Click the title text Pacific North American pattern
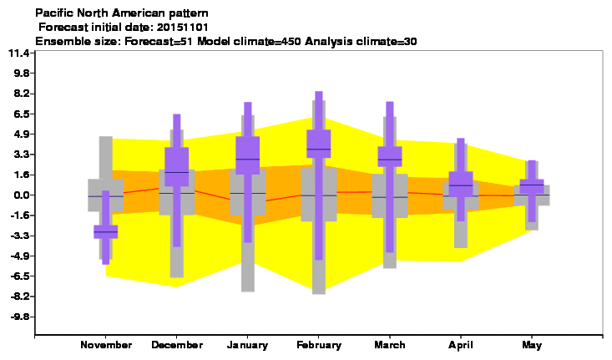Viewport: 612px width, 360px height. (x=122, y=13)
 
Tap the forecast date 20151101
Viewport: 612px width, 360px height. (x=182, y=28)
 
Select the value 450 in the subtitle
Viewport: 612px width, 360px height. (x=291, y=42)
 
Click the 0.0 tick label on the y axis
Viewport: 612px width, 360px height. (x=22, y=195)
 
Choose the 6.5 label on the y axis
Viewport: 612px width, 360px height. (x=22, y=114)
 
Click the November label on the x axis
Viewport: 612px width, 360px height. (x=106, y=345)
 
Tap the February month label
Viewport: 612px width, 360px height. (x=319, y=345)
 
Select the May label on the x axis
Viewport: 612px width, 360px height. (x=532, y=345)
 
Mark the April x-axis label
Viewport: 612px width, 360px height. (x=461, y=345)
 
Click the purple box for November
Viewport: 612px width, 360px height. (x=106, y=232)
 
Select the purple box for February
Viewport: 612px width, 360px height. (x=319, y=144)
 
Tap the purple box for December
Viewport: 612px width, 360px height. (x=177, y=167)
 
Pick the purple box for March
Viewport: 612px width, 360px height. (x=390, y=156)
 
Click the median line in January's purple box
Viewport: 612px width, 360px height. (x=248, y=160)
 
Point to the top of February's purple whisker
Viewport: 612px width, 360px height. (x=319, y=92)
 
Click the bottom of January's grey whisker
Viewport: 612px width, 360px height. (x=248, y=292)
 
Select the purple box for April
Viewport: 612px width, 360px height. (x=461, y=184)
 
